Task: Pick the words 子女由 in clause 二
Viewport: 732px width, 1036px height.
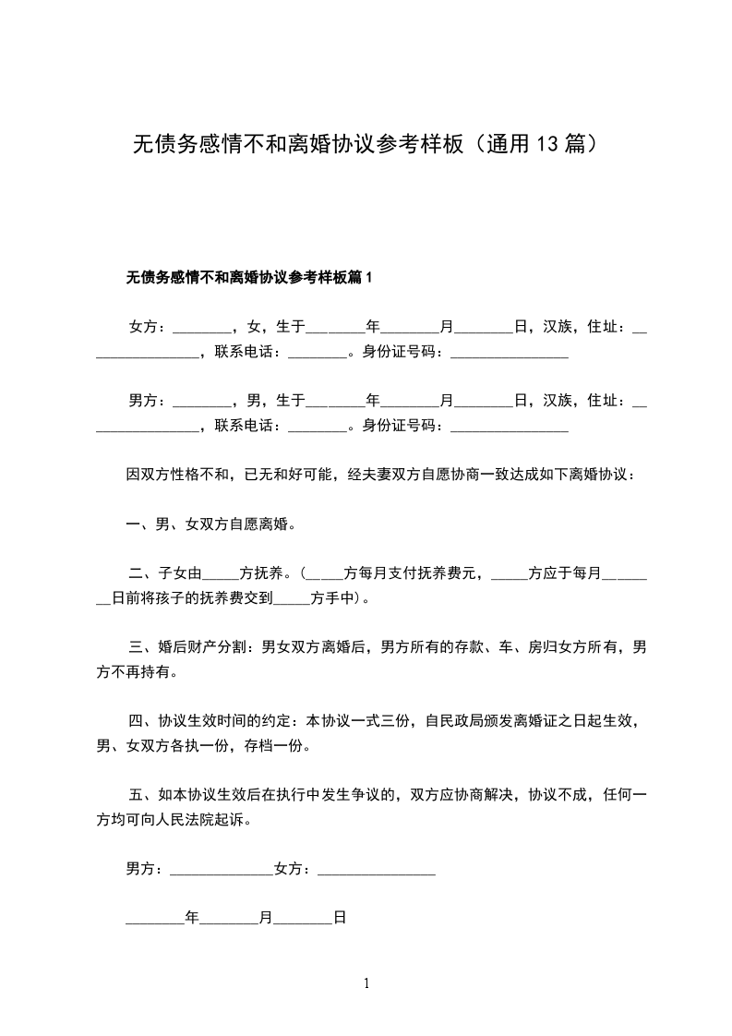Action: tap(178, 573)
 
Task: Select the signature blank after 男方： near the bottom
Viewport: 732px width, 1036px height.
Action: tap(222, 869)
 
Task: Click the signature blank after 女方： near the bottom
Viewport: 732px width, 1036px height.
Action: tap(376, 869)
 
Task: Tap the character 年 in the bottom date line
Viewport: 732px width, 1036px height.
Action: tap(192, 919)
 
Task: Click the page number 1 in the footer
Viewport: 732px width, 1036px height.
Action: tap(366, 983)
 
